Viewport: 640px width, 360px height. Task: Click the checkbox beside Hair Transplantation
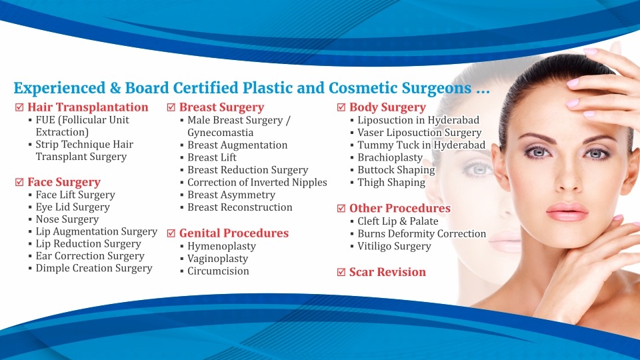(x=19, y=107)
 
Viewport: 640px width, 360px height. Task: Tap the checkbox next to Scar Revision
(x=341, y=272)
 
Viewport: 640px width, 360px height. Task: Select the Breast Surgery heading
(x=221, y=107)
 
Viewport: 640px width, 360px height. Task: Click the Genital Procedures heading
(x=234, y=233)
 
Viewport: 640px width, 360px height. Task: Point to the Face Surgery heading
(x=64, y=182)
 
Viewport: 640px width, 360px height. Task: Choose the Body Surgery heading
(x=387, y=107)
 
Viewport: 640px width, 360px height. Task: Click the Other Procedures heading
(x=400, y=208)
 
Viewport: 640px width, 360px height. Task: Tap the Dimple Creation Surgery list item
(x=94, y=268)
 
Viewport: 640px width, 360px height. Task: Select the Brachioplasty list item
(x=390, y=157)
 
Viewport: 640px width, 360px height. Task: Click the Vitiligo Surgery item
(x=394, y=246)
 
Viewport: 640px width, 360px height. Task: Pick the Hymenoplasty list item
(x=221, y=246)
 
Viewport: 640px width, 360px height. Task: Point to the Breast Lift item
(x=212, y=157)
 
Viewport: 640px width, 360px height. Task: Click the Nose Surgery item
(x=67, y=219)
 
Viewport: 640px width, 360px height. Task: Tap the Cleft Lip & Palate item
(x=398, y=221)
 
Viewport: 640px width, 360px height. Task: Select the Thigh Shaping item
(x=391, y=183)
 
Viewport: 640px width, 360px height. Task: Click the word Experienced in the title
(x=59, y=88)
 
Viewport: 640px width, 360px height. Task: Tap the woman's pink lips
(x=567, y=211)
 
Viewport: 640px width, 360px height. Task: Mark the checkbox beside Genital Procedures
(x=171, y=233)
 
